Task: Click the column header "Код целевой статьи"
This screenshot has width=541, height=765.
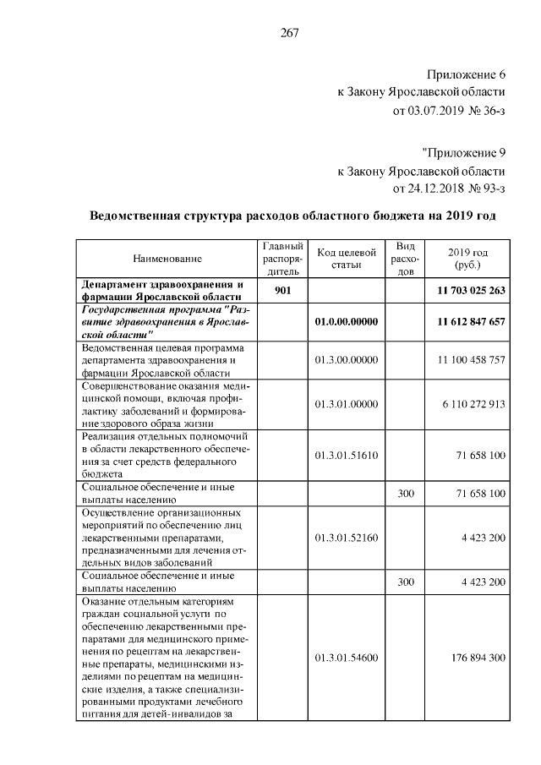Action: click(346, 259)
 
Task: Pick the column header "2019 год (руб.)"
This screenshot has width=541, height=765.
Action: click(467, 258)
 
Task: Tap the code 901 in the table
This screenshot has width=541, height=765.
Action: click(283, 291)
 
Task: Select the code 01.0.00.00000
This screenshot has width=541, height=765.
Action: click(346, 322)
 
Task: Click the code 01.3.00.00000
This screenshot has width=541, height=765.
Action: click(346, 360)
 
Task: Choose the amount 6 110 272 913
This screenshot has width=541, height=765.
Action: click(473, 404)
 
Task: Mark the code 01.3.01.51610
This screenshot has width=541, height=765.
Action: click(346, 455)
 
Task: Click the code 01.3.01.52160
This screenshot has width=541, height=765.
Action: click(346, 537)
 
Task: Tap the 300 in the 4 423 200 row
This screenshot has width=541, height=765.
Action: click(405, 582)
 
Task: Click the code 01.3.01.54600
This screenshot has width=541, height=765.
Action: click(346, 657)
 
